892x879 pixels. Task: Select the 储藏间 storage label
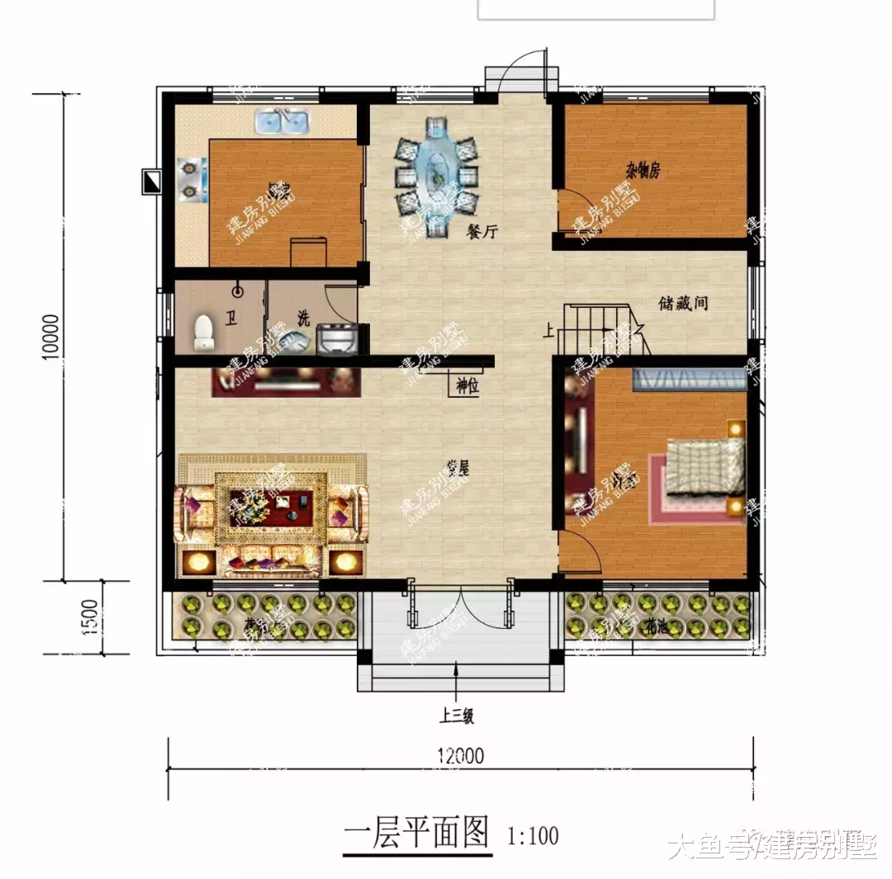point(684,304)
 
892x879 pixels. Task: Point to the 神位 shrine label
point(467,385)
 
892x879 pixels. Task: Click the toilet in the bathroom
point(203,333)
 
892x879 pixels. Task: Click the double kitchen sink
point(282,124)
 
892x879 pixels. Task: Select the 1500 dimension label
point(92,616)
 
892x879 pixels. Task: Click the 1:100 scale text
point(533,835)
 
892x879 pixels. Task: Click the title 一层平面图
point(416,834)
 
